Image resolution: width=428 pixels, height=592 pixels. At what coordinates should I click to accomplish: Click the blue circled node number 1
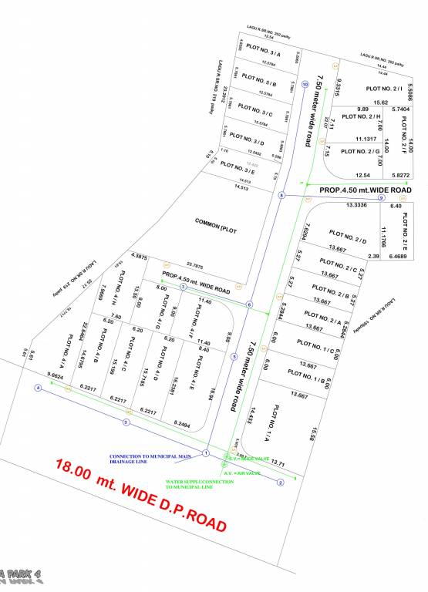206,452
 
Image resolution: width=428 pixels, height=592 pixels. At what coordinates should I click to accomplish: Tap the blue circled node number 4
38,388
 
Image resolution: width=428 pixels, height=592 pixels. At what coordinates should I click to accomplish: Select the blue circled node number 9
381,199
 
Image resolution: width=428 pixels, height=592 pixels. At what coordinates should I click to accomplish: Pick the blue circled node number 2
281,483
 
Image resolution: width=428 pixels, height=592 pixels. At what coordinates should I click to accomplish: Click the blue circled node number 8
282,197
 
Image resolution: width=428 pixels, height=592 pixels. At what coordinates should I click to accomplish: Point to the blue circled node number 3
126,422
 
